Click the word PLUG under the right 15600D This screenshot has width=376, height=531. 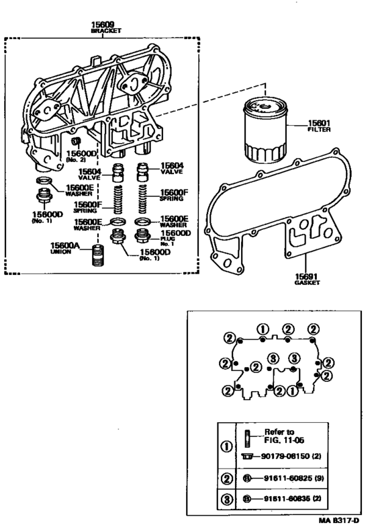pos(167,239)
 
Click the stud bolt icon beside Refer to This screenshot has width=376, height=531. pos(247,436)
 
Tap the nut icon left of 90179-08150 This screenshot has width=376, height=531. pos(247,456)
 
